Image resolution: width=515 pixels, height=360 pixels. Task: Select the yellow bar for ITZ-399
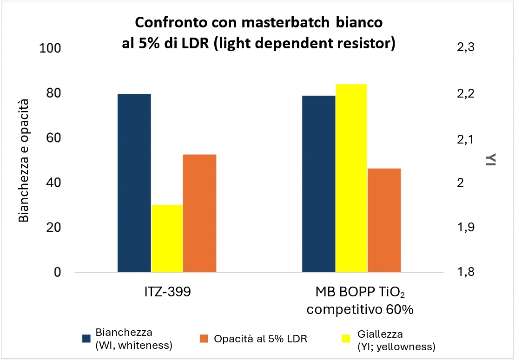coord(167,238)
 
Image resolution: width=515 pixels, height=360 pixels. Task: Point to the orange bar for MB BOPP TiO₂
coord(384,220)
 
